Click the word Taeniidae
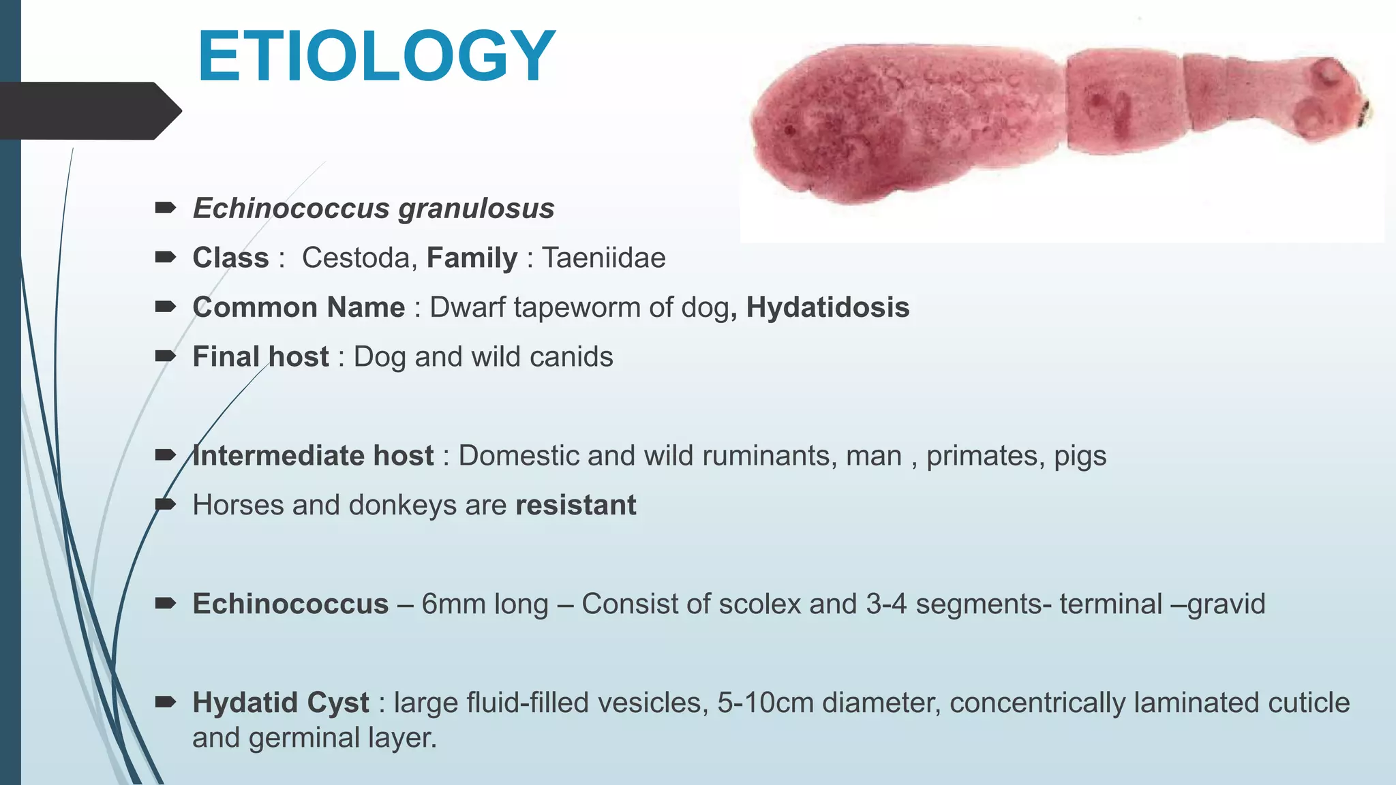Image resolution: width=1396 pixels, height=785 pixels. click(603, 258)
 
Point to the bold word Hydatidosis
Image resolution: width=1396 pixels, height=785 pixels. click(828, 307)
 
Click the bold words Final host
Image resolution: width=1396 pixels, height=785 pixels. click(260, 357)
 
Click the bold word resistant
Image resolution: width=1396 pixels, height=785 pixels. click(575, 506)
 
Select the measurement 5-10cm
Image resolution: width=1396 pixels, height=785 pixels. click(765, 703)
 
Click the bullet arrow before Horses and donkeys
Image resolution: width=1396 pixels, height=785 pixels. click(166, 505)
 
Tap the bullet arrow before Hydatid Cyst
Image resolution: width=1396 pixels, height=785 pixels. click(166, 703)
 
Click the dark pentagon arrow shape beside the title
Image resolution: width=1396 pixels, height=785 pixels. click(89, 110)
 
